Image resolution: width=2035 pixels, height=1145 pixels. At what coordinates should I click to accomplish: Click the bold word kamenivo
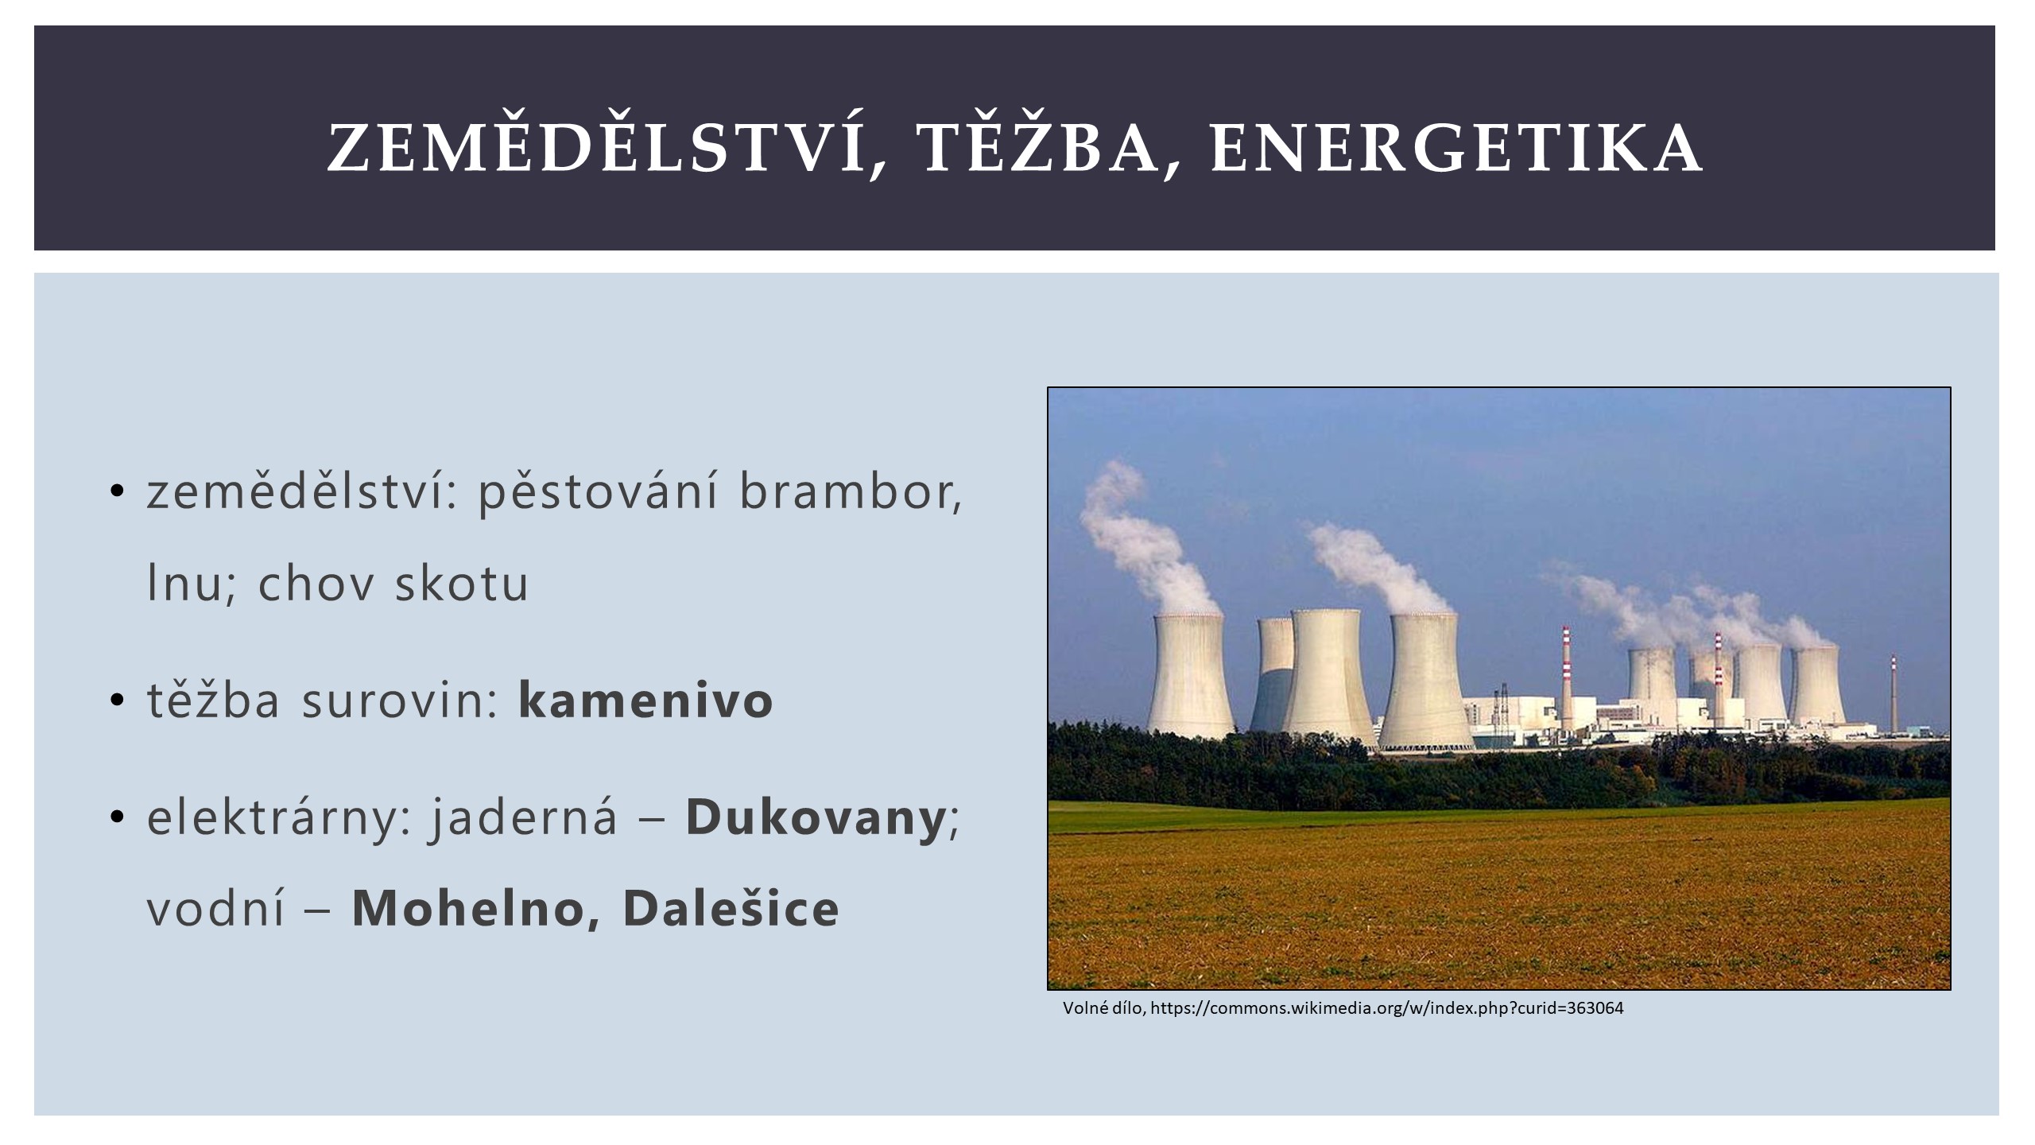(645, 700)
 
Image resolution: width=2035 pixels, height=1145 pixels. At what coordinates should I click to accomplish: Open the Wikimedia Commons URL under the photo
(1387, 1008)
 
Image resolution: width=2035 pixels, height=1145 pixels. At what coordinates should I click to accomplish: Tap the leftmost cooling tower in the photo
(1190, 676)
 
